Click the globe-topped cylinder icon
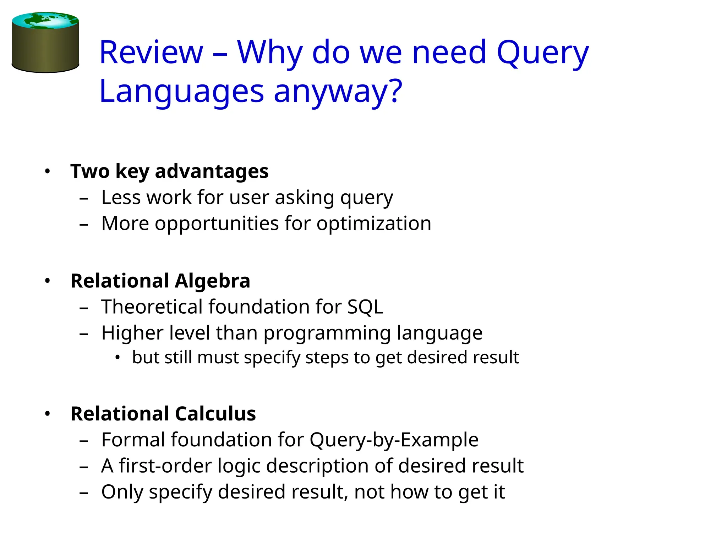[45, 43]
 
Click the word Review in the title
[151, 53]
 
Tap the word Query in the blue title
[542, 53]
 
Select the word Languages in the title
[181, 92]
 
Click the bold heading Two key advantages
[169, 171]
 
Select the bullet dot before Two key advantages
[48, 172]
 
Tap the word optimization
[374, 224]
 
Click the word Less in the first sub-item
[121, 197]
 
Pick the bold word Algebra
[212, 281]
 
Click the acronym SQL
[365, 307]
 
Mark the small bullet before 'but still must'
[118, 357]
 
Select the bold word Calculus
[215, 414]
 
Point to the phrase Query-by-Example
[394, 440]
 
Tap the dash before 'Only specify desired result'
[84, 493]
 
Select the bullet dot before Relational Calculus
[48, 414]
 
